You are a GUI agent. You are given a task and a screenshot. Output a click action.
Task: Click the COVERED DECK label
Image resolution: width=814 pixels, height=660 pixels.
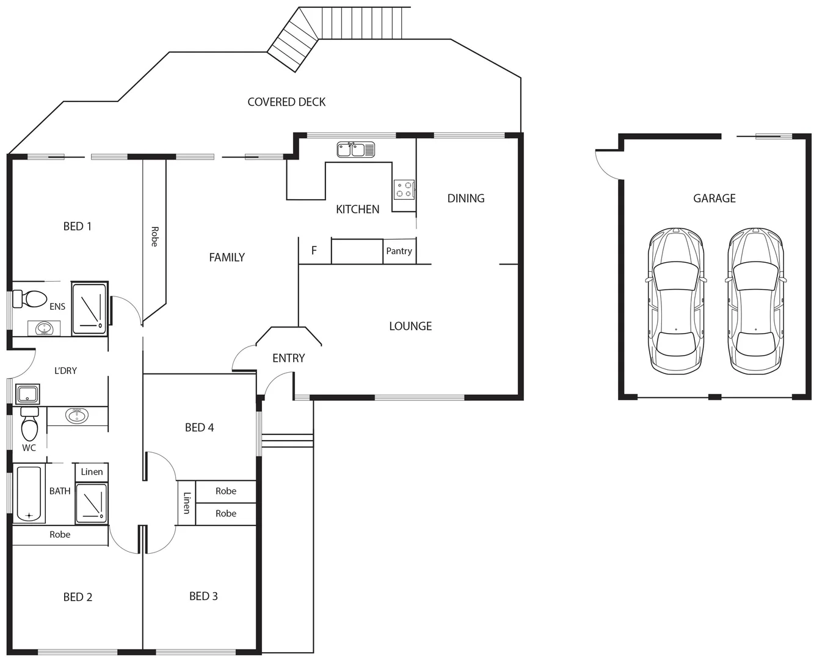click(286, 102)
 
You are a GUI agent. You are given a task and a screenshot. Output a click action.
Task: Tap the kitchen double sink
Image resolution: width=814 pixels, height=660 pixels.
click(355, 149)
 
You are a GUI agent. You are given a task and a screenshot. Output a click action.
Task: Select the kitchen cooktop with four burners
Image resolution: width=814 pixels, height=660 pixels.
click(404, 189)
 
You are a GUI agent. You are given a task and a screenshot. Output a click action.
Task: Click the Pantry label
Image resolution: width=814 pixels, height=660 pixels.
click(399, 251)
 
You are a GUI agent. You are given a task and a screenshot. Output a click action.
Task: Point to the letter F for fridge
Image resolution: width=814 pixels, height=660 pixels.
click(314, 251)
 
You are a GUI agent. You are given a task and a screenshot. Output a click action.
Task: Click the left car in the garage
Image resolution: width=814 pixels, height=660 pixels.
click(676, 301)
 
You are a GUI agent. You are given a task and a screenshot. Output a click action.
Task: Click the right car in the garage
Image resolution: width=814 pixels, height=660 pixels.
click(755, 301)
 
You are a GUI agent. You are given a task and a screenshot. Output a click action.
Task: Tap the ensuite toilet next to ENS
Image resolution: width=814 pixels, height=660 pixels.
click(31, 299)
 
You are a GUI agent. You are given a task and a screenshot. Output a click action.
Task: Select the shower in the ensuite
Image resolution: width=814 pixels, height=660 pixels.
click(90, 308)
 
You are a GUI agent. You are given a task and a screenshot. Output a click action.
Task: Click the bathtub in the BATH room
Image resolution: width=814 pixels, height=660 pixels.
click(29, 494)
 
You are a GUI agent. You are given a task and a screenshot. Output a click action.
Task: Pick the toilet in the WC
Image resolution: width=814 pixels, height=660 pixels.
click(29, 426)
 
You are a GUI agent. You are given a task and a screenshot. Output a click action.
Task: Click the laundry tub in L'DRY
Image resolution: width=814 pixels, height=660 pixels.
click(27, 394)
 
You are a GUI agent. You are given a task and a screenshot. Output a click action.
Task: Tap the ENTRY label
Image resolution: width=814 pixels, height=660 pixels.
click(288, 358)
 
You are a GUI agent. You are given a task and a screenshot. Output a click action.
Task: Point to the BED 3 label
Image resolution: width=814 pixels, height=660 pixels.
click(203, 596)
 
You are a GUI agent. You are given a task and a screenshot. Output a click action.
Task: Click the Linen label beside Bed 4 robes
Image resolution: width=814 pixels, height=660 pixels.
click(187, 502)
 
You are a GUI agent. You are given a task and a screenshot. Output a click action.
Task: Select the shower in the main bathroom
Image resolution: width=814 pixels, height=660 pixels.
click(91, 503)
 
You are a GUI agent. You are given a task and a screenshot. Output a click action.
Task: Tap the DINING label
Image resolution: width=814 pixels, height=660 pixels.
click(465, 198)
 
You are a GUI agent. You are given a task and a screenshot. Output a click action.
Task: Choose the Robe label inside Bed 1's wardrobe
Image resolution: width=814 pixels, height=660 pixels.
click(154, 237)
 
